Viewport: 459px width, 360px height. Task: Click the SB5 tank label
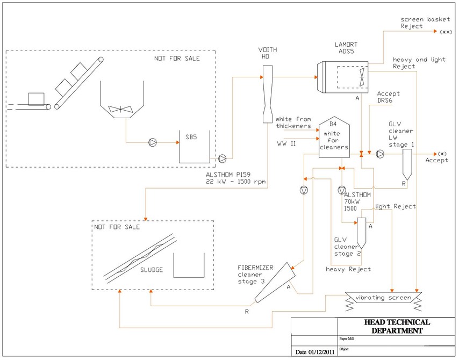(191, 137)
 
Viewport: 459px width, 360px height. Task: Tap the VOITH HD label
(267, 53)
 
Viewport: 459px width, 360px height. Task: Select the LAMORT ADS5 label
(346, 48)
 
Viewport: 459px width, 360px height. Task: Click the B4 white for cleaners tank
(334, 139)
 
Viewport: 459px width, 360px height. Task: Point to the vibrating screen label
(383, 298)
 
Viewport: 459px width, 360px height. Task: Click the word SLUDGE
(152, 270)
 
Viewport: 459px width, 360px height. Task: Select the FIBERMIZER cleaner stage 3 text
(255, 275)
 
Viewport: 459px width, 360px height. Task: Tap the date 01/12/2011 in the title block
(314, 352)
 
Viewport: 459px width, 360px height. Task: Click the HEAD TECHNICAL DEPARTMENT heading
(397, 326)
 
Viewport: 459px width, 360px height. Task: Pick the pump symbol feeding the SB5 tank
(153, 142)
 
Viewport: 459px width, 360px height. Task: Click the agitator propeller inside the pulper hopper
(120, 109)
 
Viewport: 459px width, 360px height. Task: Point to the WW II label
(286, 143)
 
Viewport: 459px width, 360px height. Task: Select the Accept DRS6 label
(388, 97)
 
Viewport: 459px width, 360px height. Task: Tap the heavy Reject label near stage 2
(348, 269)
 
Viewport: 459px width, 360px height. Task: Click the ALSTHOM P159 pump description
(235, 178)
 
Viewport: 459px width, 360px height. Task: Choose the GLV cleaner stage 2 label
(347, 247)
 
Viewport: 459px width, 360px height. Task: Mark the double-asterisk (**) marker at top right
(446, 32)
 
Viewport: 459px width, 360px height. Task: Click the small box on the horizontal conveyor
(37, 99)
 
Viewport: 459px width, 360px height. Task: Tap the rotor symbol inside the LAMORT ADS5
(362, 77)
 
